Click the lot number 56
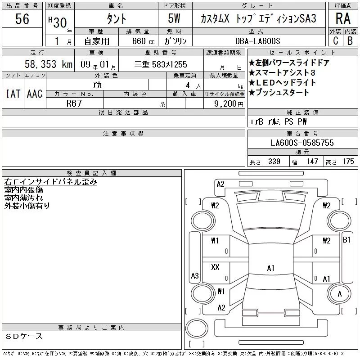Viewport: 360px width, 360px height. pyautogui.click(x=22, y=18)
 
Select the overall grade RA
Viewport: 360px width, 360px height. pyautogui.click(x=343, y=18)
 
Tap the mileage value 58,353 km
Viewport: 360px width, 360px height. pyautogui.click(x=49, y=64)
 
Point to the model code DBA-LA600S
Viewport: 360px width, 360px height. pyautogui.click(x=257, y=41)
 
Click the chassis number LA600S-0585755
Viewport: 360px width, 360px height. pyautogui.click(x=302, y=143)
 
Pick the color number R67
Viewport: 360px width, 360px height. pyautogui.click(x=74, y=103)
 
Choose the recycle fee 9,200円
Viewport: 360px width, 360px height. pyautogui.click(x=229, y=104)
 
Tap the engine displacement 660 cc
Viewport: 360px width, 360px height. pyautogui.click(x=144, y=41)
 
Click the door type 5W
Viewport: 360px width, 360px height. pyautogui.click(x=174, y=18)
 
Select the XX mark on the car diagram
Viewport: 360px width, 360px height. pyautogui.click(x=215, y=267)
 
